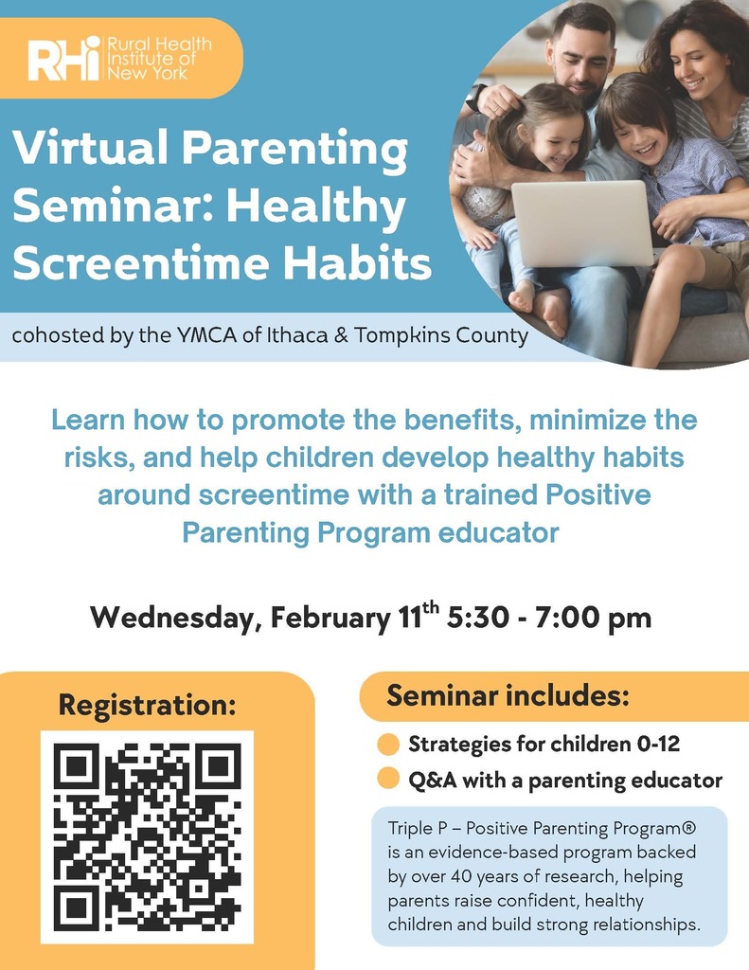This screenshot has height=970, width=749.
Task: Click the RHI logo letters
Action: click(x=64, y=60)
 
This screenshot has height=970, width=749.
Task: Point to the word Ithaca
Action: click(x=313, y=336)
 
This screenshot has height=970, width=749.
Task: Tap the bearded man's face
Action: click(x=580, y=59)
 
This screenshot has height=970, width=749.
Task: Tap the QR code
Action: click(x=147, y=836)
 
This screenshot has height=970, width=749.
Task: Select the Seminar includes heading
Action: click(x=508, y=697)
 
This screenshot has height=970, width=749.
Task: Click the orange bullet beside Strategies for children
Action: click(x=388, y=745)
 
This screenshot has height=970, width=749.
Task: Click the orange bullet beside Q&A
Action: click(x=388, y=781)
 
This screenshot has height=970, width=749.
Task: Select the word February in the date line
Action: click(x=330, y=619)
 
